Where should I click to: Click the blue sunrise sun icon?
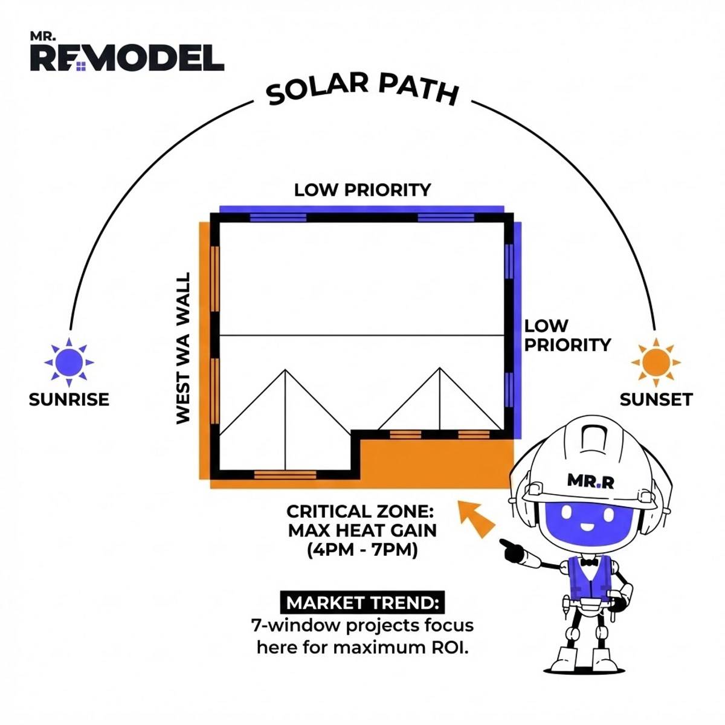(69, 362)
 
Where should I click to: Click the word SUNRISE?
(69, 399)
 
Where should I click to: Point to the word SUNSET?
(656, 399)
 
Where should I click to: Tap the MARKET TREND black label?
(362, 602)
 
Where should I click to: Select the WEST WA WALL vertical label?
(183, 347)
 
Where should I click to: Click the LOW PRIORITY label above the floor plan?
(362, 190)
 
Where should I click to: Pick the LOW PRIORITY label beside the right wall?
(567, 335)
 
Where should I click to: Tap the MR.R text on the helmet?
(590, 480)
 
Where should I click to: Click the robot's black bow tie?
(589, 562)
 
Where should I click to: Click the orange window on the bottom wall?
(285, 475)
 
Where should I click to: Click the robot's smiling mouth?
(587, 525)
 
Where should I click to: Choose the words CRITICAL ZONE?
(360, 512)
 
